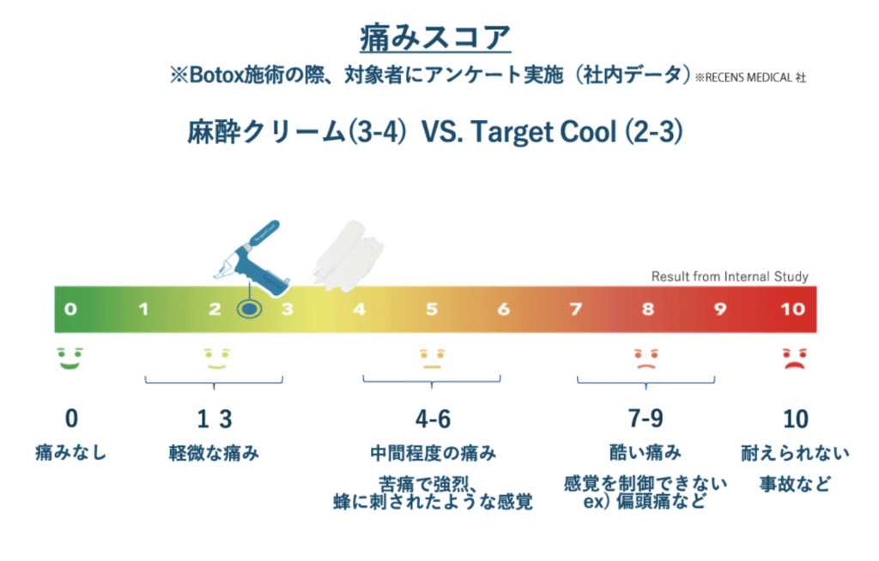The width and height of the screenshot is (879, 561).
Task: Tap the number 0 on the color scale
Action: (x=70, y=309)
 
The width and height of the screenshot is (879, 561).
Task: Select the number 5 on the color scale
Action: (x=431, y=309)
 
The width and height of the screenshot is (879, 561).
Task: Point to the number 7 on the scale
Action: (x=575, y=309)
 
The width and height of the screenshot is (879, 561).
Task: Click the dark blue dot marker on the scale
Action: (x=249, y=309)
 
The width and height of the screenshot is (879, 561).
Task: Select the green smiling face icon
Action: (x=70, y=359)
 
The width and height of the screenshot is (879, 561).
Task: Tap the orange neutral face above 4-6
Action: (x=431, y=359)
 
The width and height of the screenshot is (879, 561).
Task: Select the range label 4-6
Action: (x=433, y=419)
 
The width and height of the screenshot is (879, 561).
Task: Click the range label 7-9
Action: (x=646, y=419)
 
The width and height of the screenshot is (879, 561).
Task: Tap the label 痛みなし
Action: (x=70, y=452)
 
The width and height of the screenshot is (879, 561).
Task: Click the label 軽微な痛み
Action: (x=214, y=452)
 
